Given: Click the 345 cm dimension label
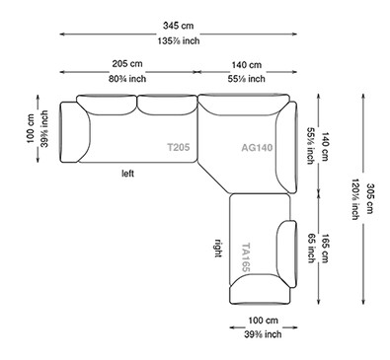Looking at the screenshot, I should click(x=194, y=24).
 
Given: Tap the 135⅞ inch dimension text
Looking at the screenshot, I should click(x=194, y=42).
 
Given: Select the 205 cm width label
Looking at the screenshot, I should click(x=129, y=63).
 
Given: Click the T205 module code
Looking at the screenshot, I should click(x=179, y=148).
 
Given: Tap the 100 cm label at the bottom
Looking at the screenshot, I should click(x=262, y=322).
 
